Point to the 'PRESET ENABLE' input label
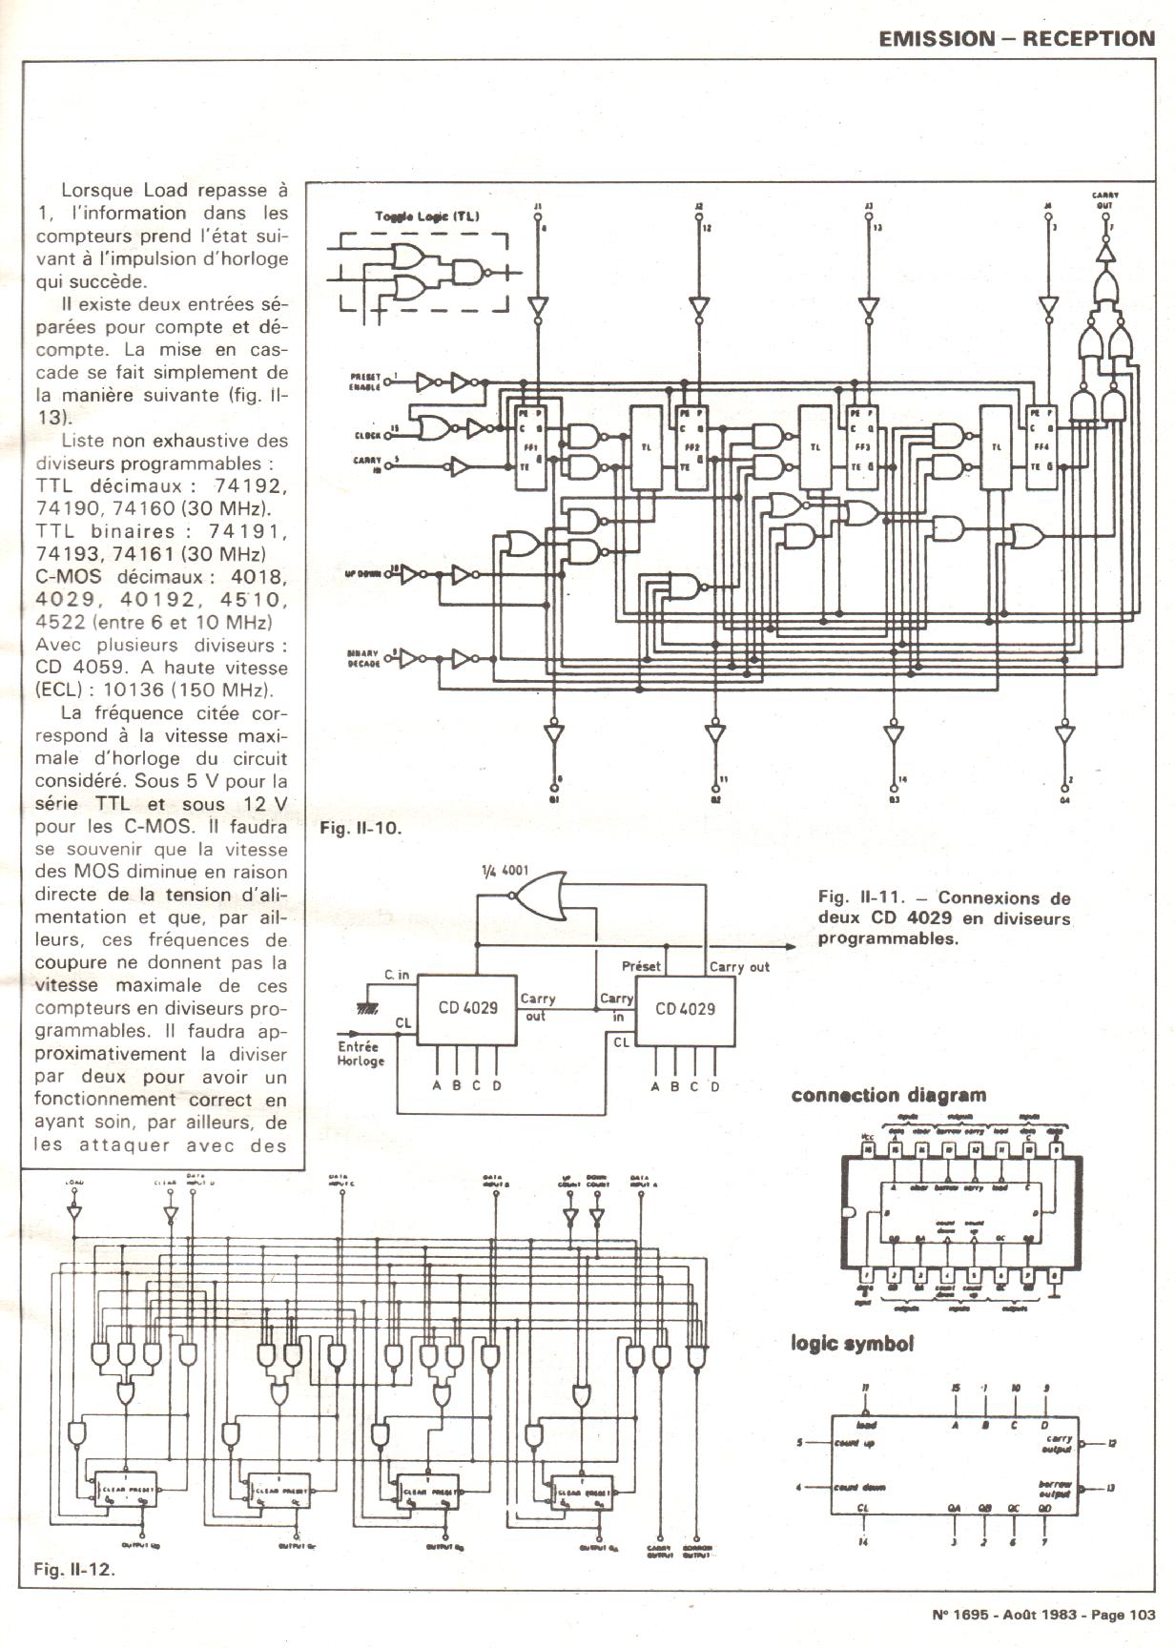364,383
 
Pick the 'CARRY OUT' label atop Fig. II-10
1105,199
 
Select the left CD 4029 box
467,1009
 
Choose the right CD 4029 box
685,1009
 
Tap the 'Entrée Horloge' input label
361,1053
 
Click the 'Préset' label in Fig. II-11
641,966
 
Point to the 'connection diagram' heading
888,1096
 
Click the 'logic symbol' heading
853,1344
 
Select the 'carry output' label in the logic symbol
1059,1444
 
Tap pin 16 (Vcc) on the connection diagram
868,1150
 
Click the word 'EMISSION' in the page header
923,38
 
